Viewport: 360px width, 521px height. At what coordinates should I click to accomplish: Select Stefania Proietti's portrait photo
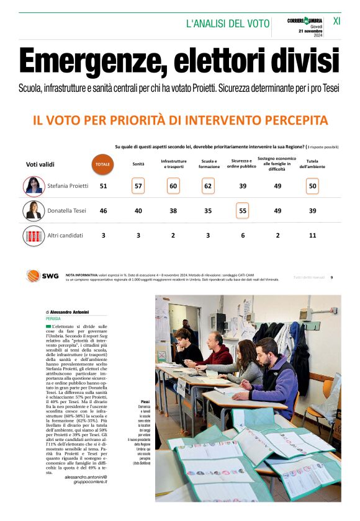click(34, 185)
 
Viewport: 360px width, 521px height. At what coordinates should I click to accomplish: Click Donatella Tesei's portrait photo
click(34, 211)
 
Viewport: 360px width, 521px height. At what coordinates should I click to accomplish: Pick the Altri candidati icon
click(34, 236)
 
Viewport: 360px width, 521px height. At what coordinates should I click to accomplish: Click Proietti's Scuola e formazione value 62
click(208, 185)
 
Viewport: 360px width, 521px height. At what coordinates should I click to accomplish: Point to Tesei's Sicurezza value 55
click(242, 211)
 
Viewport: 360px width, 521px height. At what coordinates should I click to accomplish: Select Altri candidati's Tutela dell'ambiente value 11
click(312, 236)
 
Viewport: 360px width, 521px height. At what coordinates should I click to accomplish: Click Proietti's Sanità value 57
click(138, 185)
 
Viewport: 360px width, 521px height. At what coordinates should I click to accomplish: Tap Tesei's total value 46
click(103, 211)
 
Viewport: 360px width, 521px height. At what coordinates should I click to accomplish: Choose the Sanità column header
click(138, 164)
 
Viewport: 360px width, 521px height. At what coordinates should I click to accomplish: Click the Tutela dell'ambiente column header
click(312, 164)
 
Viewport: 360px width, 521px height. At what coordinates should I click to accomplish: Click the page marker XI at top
click(337, 20)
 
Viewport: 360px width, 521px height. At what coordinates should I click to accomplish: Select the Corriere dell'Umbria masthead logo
click(305, 21)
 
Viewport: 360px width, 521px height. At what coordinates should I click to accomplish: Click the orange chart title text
click(180, 120)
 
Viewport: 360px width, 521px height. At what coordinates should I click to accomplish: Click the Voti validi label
click(40, 164)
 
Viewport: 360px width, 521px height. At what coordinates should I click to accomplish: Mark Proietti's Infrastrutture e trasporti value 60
click(173, 185)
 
